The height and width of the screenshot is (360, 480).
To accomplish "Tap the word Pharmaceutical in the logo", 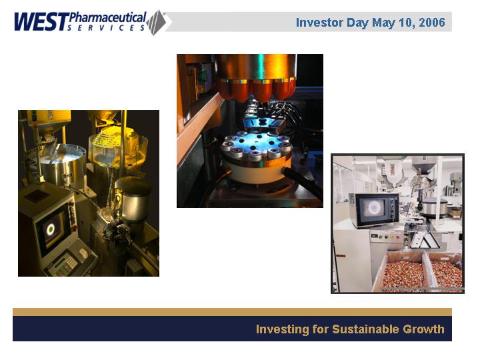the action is click(x=107, y=18).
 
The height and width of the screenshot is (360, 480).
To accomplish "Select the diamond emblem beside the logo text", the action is click(x=157, y=23).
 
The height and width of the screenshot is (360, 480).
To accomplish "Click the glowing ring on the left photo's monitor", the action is click(x=50, y=228).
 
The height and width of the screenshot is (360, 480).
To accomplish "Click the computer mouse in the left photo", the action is click(x=83, y=253).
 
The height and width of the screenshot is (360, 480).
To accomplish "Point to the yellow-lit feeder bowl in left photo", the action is click(x=118, y=147).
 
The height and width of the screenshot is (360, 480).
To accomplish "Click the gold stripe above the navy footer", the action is click(x=233, y=312).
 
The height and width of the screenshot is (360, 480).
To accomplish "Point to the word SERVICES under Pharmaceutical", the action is click(x=106, y=28).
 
